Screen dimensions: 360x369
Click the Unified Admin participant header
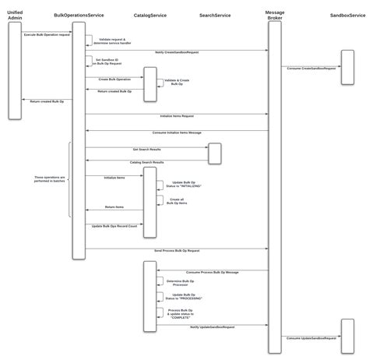[15, 16]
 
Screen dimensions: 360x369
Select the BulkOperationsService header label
[79, 16]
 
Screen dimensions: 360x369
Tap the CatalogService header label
[149, 16]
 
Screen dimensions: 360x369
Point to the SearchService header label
[214, 16]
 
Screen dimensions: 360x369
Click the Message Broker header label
[275, 16]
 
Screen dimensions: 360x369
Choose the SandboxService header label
[346, 16]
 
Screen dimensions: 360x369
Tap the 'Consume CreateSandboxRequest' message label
[311, 68]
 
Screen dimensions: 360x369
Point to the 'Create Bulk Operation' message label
[114, 79]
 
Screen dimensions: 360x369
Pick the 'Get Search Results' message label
[146, 148]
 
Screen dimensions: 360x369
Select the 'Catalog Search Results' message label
[146, 163]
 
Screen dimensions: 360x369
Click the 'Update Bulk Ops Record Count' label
[114, 226]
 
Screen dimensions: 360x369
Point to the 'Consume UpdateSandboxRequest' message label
[311, 339]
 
